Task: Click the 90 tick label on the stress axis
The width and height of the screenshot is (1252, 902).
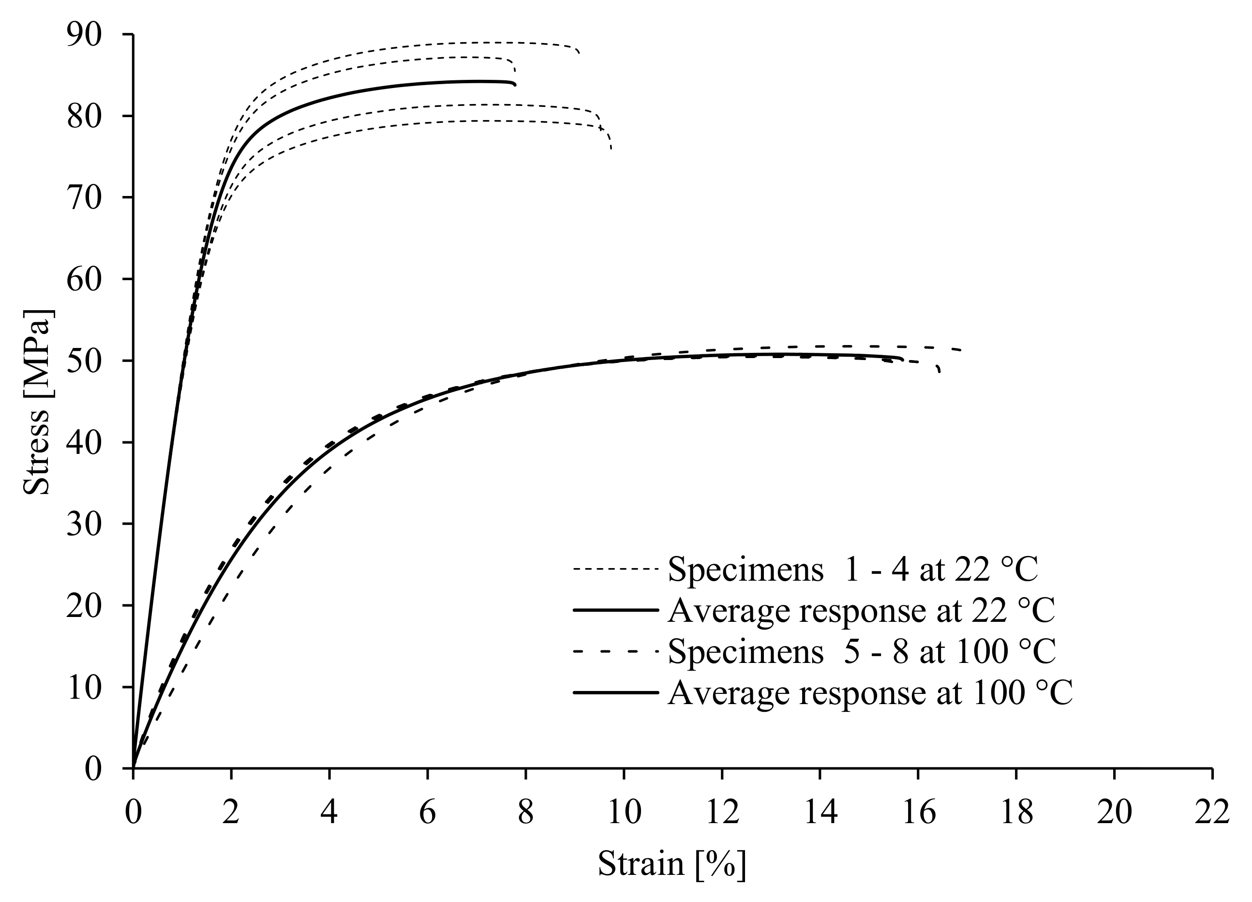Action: [x=85, y=35]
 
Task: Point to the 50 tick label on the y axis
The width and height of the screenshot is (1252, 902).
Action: [x=85, y=361]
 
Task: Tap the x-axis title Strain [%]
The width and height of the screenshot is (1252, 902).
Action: [x=671, y=863]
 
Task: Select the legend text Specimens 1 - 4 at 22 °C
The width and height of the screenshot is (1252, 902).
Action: [x=853, y=569]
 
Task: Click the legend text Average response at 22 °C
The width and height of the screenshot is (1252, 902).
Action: [x=861, y=610]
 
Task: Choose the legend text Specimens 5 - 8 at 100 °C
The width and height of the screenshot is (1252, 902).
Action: [x=862, y=651]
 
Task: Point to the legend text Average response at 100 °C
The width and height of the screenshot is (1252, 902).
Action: [x=870, y=692]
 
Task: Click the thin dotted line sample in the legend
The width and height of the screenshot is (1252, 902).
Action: [x=616, y=569]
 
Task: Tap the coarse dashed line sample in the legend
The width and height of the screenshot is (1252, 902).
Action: [x=616, y=651]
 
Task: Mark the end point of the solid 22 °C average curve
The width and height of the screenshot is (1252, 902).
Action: [x=514, y=85]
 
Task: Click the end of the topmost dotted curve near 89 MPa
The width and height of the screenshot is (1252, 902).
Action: [x=579, y=52]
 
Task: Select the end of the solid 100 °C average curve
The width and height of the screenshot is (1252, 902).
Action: [x=903, y=359]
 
